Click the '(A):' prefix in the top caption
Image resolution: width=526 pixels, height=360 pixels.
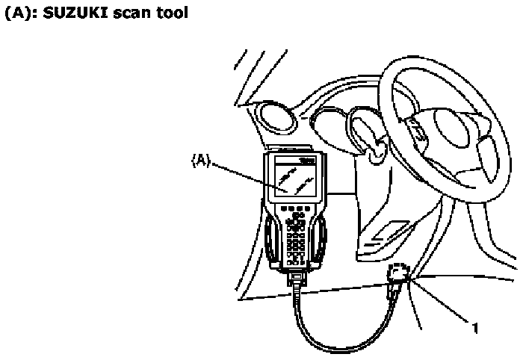click(x=20, y=14)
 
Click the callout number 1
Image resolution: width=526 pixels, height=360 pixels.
click(x=474, y=326)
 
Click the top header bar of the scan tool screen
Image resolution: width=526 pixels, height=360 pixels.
click(x=297, y=161)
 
